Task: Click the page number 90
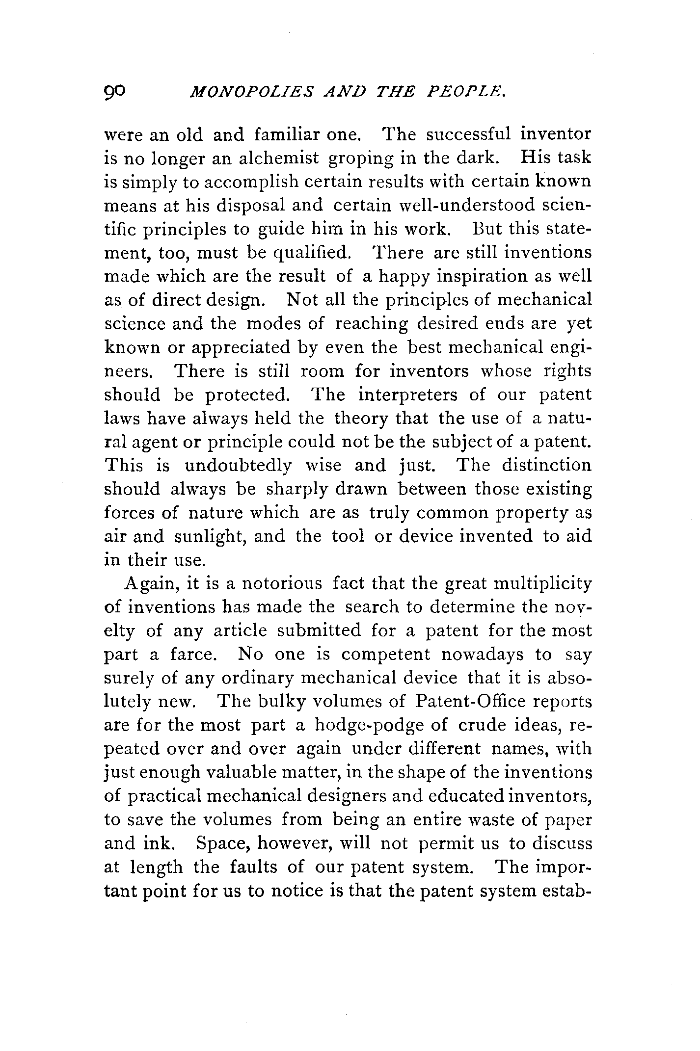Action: coord(115,91)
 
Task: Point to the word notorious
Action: coord(283,584)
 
